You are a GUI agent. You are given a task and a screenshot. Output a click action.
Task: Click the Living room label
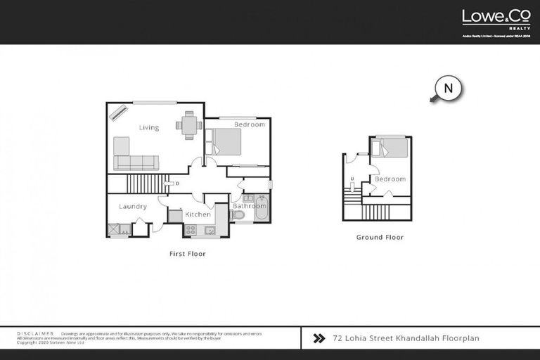pos(148,127)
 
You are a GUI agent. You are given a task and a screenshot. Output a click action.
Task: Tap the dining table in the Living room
pos(188,125)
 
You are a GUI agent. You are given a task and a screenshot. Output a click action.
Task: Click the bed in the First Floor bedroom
pos(224,141)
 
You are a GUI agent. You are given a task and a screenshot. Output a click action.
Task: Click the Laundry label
pos(132,206)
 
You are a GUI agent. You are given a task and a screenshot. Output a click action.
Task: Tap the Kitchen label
pos(198,214)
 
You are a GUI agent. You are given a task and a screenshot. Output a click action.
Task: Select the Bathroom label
pos(250,206)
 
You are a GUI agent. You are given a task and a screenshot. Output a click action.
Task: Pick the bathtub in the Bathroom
pos(260,210)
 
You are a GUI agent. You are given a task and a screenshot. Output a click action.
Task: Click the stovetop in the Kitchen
pos(190,229)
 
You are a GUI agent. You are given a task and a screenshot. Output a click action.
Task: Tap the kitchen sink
pos(209,229)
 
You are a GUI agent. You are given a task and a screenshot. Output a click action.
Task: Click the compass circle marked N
pos(449,89)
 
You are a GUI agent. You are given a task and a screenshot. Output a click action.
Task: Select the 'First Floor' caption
pos(188,253)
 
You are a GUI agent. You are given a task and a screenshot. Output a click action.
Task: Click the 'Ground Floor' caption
pos(380,237)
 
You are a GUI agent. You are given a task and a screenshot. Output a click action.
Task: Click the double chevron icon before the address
pos(319,338)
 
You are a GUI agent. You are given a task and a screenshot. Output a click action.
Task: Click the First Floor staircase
pos(144,184)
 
